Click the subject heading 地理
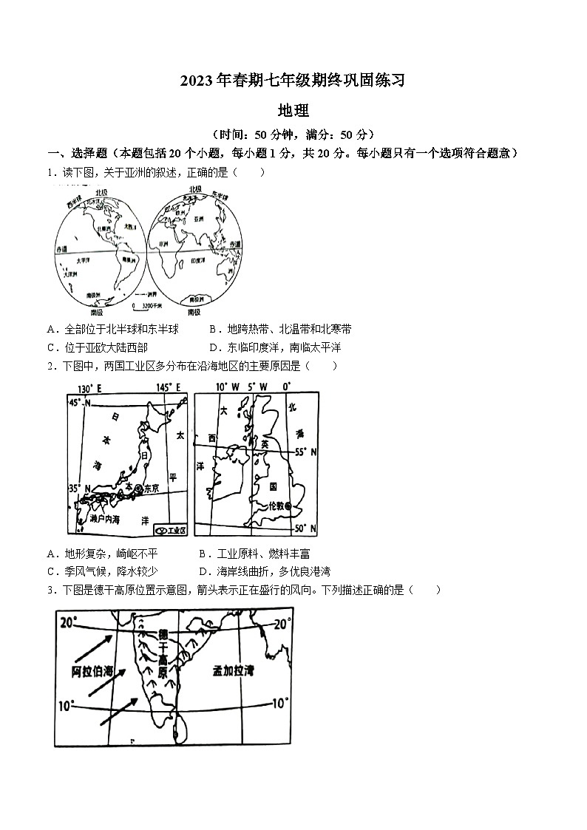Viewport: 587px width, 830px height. click(x=293, y=110)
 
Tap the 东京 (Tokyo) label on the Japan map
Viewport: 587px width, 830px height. click(x=151, y=488)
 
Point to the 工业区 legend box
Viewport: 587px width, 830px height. click(x=171, y=531)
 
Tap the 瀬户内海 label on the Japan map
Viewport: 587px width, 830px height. click(x=103, y=520)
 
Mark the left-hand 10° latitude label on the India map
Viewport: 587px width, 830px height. click(x=66, y=706)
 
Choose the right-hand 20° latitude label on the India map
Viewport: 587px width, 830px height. click(x=282, y=625)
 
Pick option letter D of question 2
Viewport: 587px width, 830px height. click(x=203, y=571)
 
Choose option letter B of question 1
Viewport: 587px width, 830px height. click(x=212, y=329)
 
